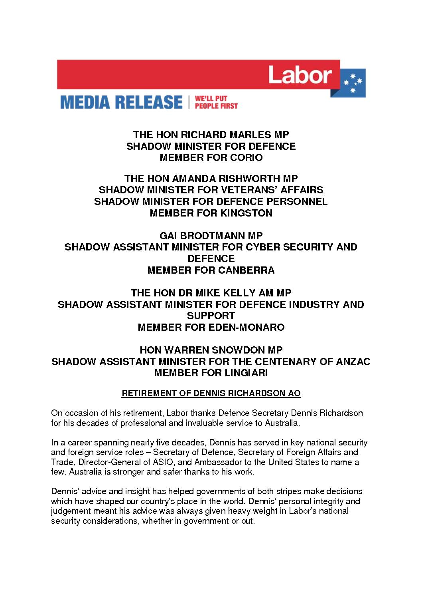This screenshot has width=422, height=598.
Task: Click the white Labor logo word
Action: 300,75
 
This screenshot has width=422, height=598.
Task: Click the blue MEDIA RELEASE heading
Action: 121,102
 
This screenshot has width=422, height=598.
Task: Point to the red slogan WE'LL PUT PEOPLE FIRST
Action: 215,102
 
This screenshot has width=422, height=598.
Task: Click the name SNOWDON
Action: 232,350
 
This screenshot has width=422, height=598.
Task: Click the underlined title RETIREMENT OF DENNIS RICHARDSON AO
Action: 211,393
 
